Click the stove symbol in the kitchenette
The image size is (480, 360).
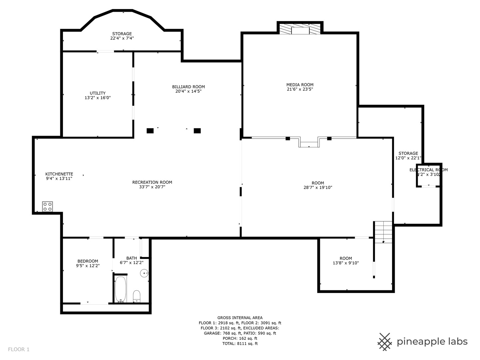(x=47, y=206)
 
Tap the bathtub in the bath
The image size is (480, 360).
(x=121, y=289)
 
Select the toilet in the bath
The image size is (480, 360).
(x=137, y=296)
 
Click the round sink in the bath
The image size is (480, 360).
(x=145, y=273)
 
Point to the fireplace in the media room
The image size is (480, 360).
(x=300, y=29)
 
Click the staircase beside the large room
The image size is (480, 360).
(x=383, y=232)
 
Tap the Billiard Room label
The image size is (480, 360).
(x=188, y=87)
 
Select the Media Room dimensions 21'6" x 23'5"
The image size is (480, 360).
(x=300, y=89)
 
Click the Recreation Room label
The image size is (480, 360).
(x=152, y=182)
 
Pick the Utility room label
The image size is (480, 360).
(x=97, y=93)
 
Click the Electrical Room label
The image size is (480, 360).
(x=428, y=170)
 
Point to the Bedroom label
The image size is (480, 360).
(x=88, y=261)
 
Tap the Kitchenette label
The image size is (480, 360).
(x=59, y=174)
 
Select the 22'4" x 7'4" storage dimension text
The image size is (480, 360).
(x=122, y=38)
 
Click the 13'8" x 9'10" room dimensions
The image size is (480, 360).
(x=346, y=263)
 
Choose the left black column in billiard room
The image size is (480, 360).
(x=150, y=131)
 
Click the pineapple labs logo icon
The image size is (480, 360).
(x=385, y=342)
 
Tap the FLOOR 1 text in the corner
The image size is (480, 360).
(x=19, y=349)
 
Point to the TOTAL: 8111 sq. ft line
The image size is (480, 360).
(x=240, y=343)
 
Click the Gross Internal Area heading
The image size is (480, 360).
(x=240, y=318)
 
